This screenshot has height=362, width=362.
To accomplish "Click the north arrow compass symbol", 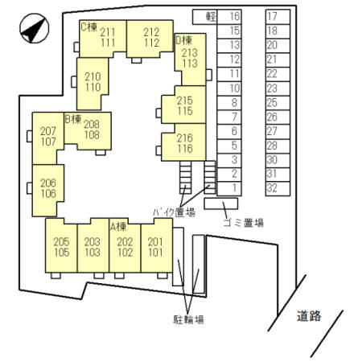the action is pos(35,28).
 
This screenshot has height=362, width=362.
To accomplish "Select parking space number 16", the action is pos(229,17).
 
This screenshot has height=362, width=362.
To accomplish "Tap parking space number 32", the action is pos(278,188).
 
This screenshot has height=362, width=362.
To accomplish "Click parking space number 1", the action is pos(229,188).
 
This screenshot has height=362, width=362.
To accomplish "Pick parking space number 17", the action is pos(278,17).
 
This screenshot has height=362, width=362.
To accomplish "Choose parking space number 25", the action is pos(278,103).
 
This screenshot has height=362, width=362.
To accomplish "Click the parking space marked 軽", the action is pos(205,17).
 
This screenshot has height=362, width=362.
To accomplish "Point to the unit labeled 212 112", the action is pos(150,39).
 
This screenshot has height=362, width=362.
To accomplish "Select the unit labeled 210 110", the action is pos(93,84).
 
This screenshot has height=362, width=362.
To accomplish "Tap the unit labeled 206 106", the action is pos(48,191).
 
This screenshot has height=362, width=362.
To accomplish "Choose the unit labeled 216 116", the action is pos(184,142).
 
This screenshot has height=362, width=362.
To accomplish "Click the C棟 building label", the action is pos(88,27).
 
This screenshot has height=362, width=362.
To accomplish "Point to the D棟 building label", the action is pos(184,40).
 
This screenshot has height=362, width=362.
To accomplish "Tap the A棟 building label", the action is pos(118,227).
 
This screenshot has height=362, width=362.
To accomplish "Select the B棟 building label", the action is pos(73,119).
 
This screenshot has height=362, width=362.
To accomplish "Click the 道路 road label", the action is pos(309,316).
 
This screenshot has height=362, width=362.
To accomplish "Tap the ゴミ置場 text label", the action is pos(244,223).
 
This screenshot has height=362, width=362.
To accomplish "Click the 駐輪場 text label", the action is pos(188,319).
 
